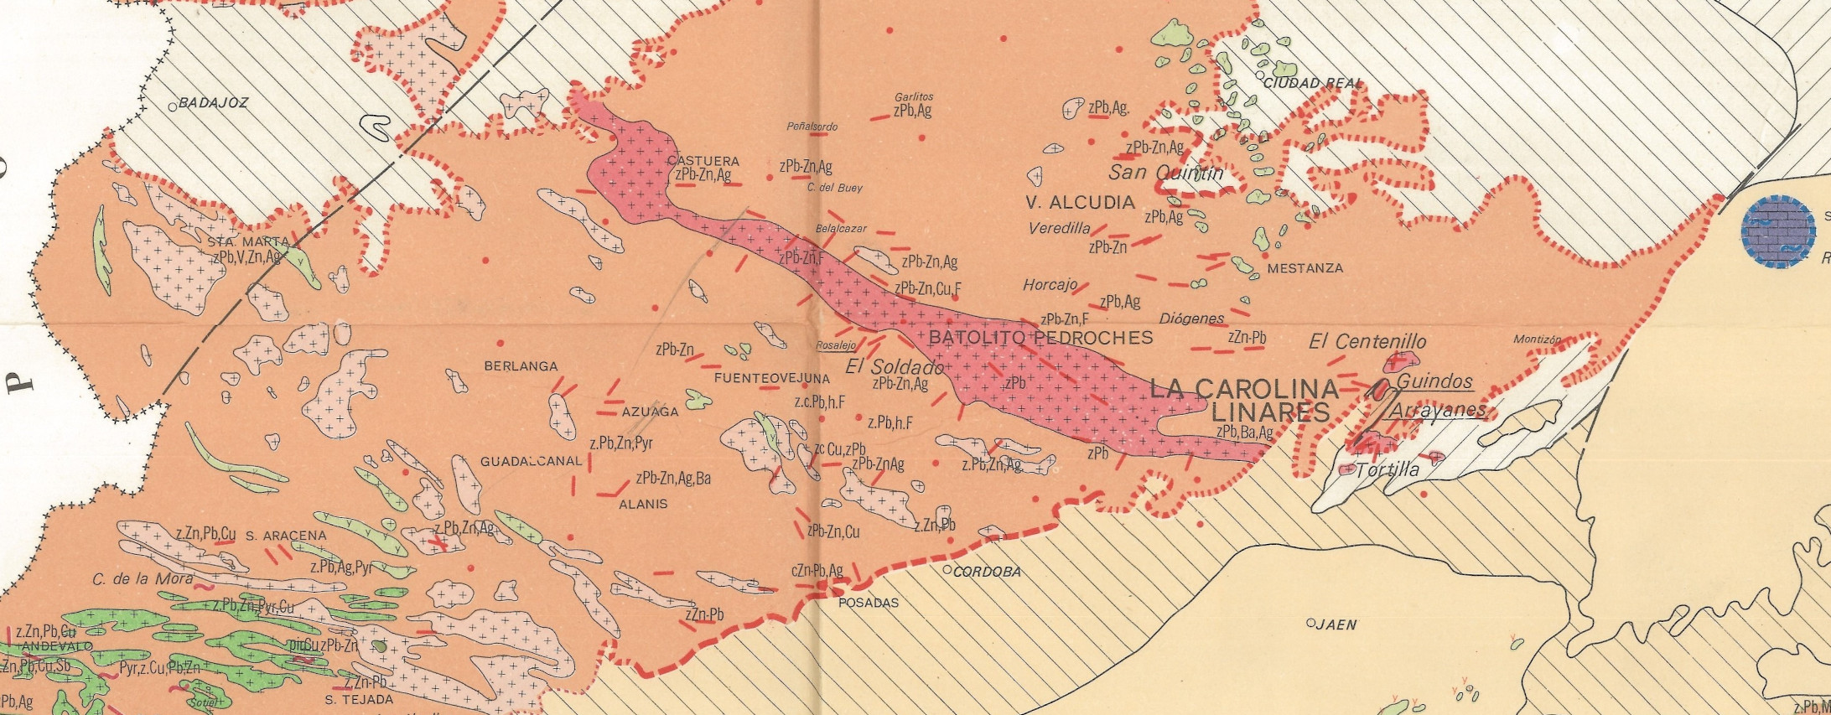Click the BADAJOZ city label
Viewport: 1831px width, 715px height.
pyautogui.click(x=214, y=103)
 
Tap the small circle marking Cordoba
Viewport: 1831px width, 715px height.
pyautogui.click(x=947, y=570)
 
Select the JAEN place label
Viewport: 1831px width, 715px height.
pyautogui.click(x=1336, y=624)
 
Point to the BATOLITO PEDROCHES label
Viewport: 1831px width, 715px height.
pyautogui.click(x=1040, y=338)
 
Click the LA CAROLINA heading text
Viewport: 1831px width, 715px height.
pyautogui.click(x=1243, y=389)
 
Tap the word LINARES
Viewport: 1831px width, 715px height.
pyautogui.click(x=1271, y=412)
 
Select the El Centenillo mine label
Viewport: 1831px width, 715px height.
pyautogui.click(x=1367, y=342)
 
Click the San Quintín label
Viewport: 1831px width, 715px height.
pyautogui.click(x=1165, y=174)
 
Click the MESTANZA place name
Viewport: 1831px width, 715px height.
pyautogui.click(x=1305, y=268)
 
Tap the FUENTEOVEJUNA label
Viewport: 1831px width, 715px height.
pyautogui.click(x=771, y=378)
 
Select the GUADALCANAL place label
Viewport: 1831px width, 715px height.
pyautogui.click(x=530, y=462)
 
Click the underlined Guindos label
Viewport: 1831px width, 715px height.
pyautogui.click(x=1434, y=382)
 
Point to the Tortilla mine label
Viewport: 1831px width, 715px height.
pyautogui.click(x=1387, y=469)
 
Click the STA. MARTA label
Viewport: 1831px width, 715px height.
pyautogui.click(x=248, y=242)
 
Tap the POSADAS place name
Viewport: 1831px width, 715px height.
pyautogui.click(x=868, y=603)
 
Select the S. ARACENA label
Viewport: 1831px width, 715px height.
pyautogui.click(x=286, y=536)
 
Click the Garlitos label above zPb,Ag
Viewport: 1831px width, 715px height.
pyautogui.click(x=913, y=97)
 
